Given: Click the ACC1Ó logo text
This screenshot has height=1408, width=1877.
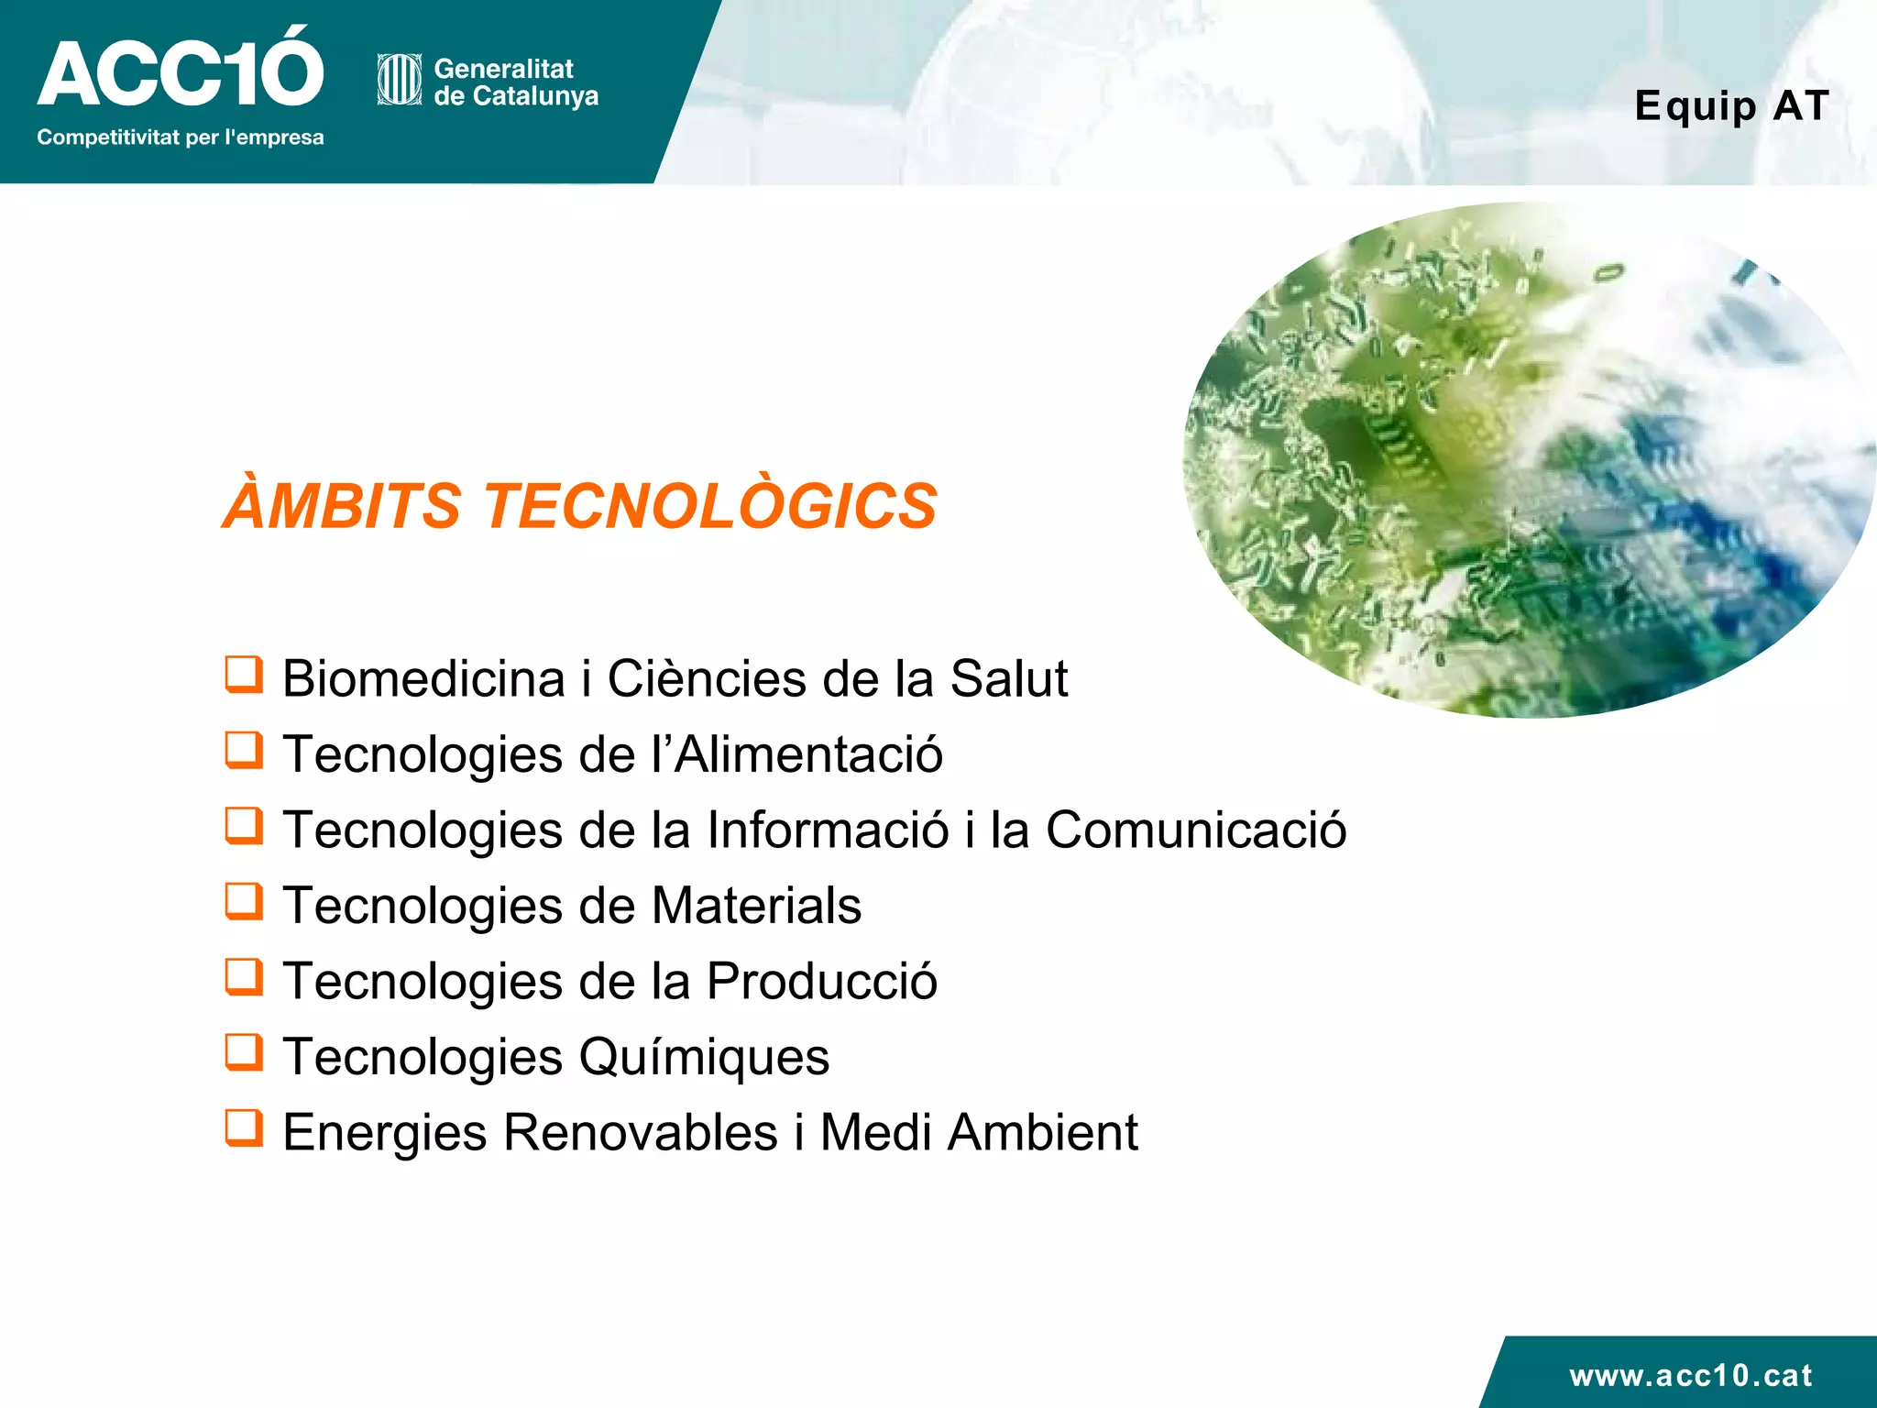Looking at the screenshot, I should click(180, 71).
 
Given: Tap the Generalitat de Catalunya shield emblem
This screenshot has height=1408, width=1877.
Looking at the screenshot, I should click(399, 80).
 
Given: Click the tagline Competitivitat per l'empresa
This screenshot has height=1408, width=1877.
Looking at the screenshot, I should click(180, 137).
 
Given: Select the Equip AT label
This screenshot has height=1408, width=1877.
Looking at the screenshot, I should click(1731, 105).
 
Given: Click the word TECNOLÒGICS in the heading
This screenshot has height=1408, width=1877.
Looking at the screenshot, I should click(710, 506).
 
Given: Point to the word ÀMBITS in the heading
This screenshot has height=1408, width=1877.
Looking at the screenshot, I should click(342, 506).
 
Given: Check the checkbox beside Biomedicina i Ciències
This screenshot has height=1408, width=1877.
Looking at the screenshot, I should click(244, 675).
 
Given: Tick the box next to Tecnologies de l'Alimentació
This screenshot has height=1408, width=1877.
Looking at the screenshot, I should click(244, 750).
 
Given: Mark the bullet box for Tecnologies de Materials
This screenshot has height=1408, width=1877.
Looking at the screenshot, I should click(244, 901).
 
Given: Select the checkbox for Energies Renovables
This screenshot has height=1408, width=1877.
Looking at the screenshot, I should click(244, 1128).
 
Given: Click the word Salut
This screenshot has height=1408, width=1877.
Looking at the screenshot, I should click(1008, 679).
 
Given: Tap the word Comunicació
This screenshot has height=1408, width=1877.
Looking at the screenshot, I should click(1196, 830).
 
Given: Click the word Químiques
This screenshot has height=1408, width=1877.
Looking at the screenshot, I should click(704, 1057).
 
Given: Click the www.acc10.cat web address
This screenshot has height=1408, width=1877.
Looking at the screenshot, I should click(1690, 1375).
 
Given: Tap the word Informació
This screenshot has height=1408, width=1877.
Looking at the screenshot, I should click(828, 830).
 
